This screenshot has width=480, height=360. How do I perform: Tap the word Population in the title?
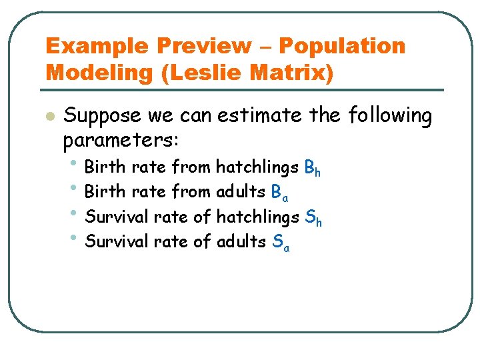coord(342,46)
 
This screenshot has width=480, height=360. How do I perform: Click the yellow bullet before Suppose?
coord(48,117)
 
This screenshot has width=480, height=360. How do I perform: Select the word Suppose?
coord(103,117)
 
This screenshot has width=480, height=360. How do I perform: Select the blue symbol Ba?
coord(280,193)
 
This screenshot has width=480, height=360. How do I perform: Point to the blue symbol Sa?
coord(281,243)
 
